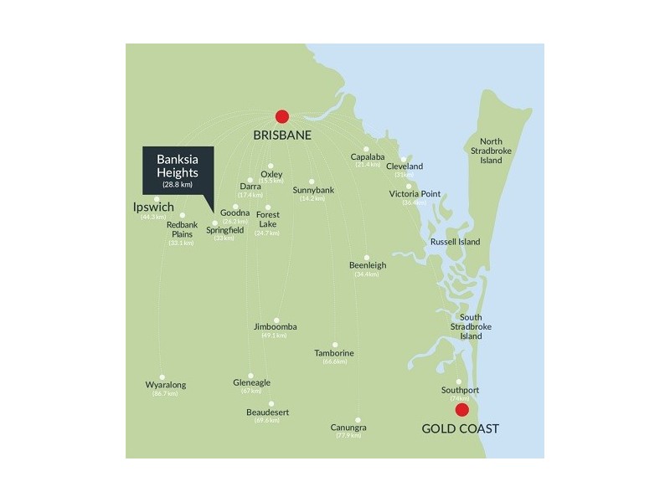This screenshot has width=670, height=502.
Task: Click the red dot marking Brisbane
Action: click(x=282, y=117)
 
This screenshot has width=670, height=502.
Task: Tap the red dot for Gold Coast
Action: click(x=461, y=410)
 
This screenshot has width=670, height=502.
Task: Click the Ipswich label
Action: click(x=154, y=207)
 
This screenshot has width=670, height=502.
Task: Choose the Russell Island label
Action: click(x=455, y=242)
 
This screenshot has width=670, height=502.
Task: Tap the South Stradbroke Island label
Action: click(x=471, y=326)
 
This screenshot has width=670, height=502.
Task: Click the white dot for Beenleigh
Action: click(x=367, y=257)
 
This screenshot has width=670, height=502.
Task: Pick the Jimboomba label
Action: click(x=275, y=326)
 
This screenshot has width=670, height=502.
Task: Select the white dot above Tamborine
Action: click(x=334, y=345)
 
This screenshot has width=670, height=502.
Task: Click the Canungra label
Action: click(x=348, y=428)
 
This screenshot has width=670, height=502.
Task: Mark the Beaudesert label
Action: click(x=269, y=412)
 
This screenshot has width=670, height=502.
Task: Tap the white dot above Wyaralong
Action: click(x=162, y=377)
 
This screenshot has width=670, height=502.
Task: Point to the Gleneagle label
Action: click(x=251, y=382)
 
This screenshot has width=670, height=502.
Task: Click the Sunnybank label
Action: click(x=313, y=190)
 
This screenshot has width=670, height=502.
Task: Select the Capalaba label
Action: click(x=368, y=156)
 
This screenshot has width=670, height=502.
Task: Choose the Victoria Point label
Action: click(x=415, y=194)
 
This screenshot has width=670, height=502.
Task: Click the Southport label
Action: click(x=460, y=390)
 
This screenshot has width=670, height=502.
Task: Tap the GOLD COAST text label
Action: click(x=460, y=429)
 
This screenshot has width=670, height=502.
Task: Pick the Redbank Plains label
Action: click(x=181, y=229)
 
